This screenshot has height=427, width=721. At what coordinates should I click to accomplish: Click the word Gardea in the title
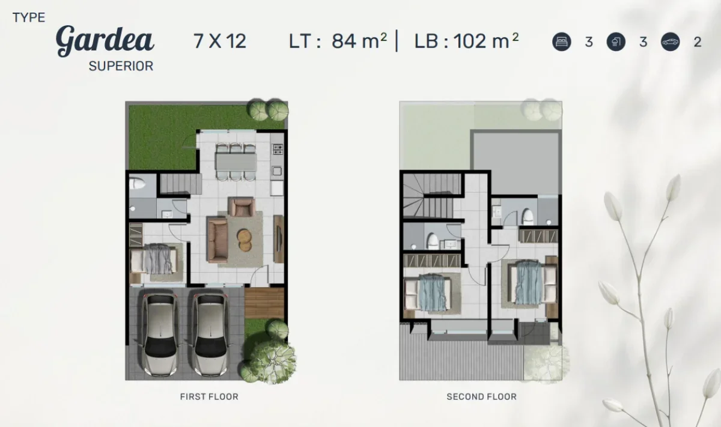tap(105, 40)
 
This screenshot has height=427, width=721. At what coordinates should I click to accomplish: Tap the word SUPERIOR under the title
tap(121, 66)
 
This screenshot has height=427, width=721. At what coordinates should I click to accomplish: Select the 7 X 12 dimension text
tap(219, 41)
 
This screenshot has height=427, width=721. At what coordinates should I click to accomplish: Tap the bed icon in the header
tap(561, 42)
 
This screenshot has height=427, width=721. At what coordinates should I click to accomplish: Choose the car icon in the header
tap(670, 42)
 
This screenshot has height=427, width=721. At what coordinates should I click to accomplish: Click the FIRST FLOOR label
tap(209, 396)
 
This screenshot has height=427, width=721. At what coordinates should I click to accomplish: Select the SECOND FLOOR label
tap(481, 396)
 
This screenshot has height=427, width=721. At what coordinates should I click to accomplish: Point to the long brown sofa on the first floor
tap(217, 240)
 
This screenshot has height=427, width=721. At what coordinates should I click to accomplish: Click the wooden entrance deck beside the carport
tap(264, 303)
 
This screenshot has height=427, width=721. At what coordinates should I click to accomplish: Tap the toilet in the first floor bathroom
tap(138, 184)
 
